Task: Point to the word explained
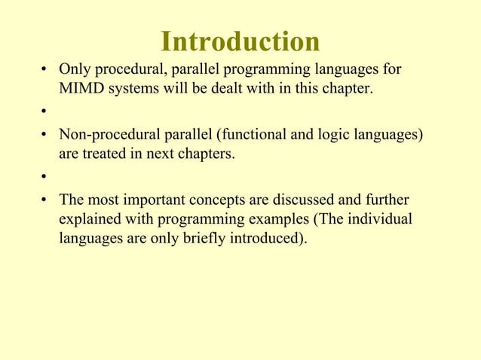[x=88, y=220]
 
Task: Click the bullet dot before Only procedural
[x=44, y=71]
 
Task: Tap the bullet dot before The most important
[x=44, y=201]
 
